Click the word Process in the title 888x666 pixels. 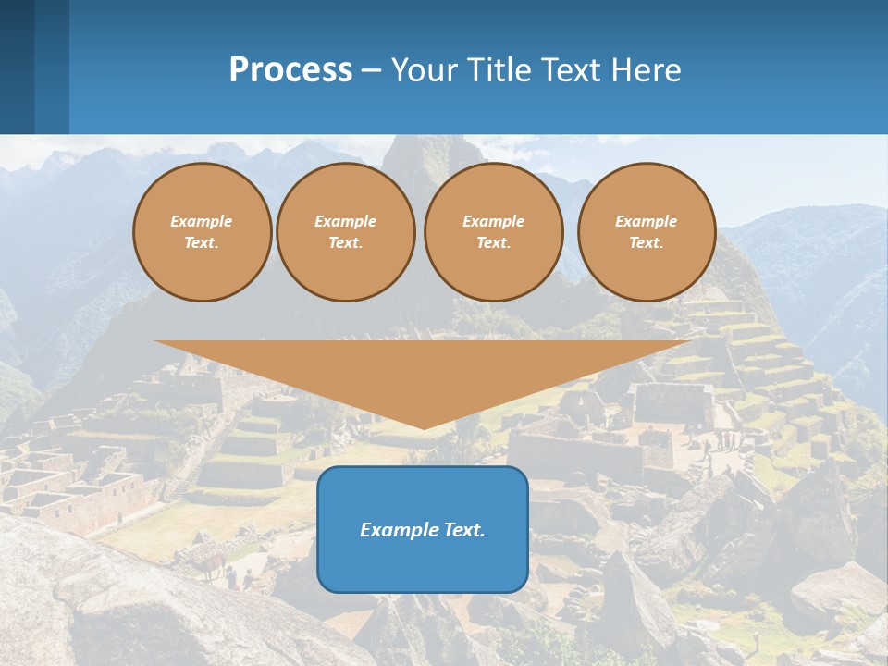tap(290, 70)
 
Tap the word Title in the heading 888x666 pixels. tap(500, 70)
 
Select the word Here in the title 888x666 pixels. tap(645, 70)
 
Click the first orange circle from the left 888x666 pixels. tap(202, 231)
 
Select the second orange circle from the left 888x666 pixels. tap(345, 231)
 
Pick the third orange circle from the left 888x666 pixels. tap(493, 231)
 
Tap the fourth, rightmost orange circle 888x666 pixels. tap(647, 231)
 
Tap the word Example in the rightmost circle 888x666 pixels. tap(646, 221)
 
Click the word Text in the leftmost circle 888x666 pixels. tap(202, 243)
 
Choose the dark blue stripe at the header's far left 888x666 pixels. tap(17, 67)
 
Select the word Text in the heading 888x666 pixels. tap(573, 70)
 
